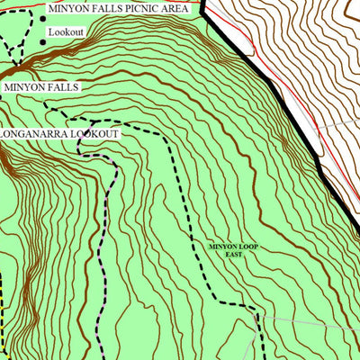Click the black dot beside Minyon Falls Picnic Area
(x=42, y=19)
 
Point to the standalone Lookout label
(x=66, y=31)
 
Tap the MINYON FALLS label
(x=41, y=88)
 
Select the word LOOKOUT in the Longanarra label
(x=96, y=134)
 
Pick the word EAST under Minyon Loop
(x=234, y=255)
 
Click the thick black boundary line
(x=270, y=85)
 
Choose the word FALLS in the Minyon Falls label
(x=59, y=88)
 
